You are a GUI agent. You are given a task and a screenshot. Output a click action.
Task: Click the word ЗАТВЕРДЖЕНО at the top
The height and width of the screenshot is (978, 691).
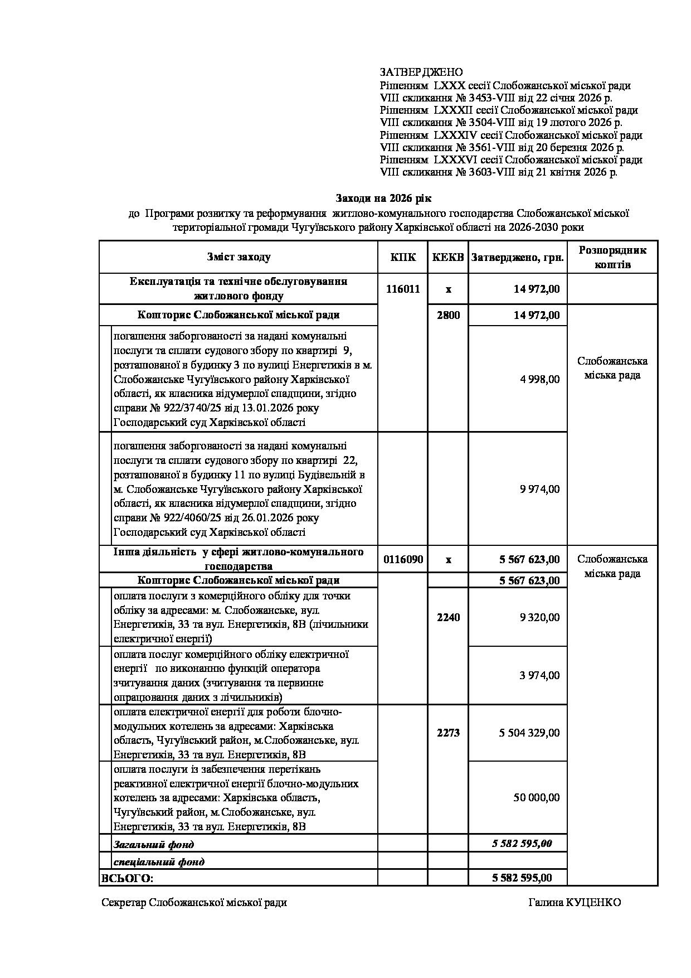[x=421, y=72]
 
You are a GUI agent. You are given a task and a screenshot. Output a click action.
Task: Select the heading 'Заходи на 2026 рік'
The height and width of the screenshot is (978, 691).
[x=383, y=198]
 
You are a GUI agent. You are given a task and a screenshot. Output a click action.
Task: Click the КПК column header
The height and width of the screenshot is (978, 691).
[x=402, y=257]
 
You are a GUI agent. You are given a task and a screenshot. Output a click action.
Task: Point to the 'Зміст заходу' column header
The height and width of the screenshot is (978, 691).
[x=239, y=257]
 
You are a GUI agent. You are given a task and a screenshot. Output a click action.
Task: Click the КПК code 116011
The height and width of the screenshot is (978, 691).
[x=402, y=289]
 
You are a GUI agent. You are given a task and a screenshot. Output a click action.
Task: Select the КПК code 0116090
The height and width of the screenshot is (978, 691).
[x=402, y=559]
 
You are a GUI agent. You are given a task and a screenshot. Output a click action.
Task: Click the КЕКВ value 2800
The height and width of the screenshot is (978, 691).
[x=448, y=315]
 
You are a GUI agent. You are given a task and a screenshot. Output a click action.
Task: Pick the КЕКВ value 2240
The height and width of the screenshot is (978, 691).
[x=448, y=617]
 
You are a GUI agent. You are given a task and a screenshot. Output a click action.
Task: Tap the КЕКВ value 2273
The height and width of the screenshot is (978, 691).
[x=448, y=733]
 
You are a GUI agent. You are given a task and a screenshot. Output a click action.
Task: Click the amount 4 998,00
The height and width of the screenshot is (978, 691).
[x=539, y=379]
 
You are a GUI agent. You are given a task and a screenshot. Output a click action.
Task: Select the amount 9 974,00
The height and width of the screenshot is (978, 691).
[x=539, y=489]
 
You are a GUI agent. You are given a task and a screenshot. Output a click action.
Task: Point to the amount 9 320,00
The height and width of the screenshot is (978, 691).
[x=539, y=617]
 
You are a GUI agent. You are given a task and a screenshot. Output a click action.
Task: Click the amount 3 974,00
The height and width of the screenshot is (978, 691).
[x=539, y=675]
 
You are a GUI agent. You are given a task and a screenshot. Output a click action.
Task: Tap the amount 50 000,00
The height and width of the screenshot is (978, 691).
[x=536, y=797]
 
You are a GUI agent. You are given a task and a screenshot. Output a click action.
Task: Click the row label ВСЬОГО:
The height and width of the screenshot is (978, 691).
[x=127, y=878]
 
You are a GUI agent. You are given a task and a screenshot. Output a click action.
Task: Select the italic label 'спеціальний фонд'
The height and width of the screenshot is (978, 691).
[x=159, y=861]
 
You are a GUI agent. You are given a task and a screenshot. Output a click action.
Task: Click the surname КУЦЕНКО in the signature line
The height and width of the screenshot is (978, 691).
[x=594, y=903]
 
